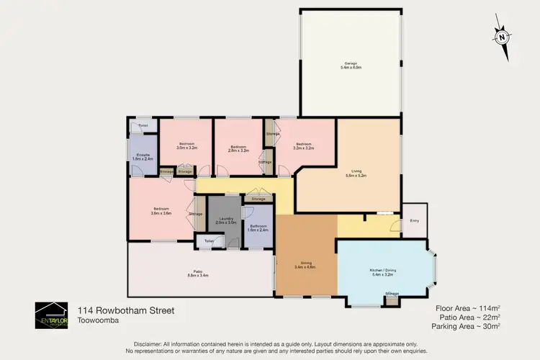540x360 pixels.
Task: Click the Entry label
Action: [x=414, y=220]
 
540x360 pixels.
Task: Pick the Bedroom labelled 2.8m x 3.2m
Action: [x=239, y=148]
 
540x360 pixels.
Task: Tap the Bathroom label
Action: [x=258, y=229]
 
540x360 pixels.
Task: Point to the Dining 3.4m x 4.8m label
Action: [x=305, y=265]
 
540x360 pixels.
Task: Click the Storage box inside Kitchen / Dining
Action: [x=392, y=294]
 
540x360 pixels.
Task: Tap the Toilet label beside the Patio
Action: [x=209, y=240]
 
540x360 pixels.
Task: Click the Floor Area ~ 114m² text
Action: [x=469, y=307]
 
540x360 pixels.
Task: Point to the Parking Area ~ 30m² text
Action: [x=466, y=326]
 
